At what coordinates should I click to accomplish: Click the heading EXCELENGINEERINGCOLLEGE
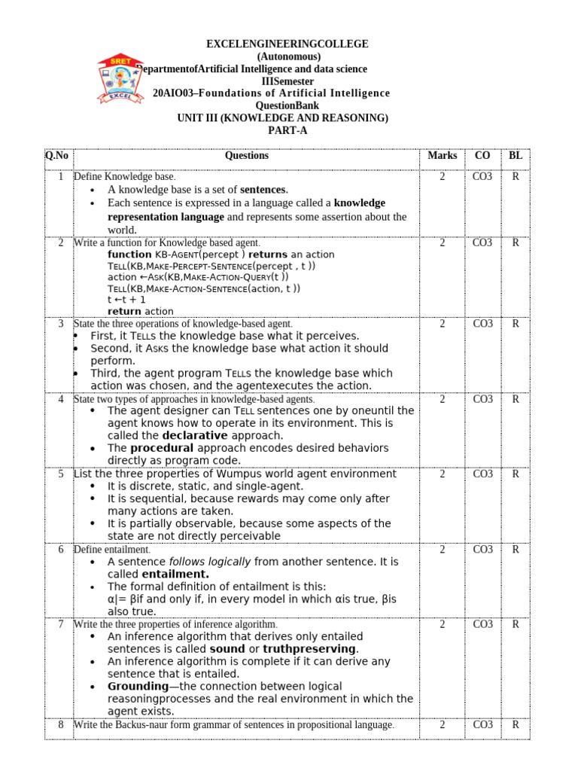(x=288, y=44)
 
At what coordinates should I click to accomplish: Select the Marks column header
(x=442, y=156)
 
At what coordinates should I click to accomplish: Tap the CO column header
(x=482, y=156)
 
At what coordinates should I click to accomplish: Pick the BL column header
(x=516, y=156)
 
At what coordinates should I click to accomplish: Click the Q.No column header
(x=56, y=156)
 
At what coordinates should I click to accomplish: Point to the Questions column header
(x=246, y=156)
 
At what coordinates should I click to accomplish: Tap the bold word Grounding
(x=138, y=687)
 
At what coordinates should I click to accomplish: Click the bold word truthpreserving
(x=309, y=649)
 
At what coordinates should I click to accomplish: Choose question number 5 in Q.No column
(x=60, y=474)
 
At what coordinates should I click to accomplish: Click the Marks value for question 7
(x=442, y=624)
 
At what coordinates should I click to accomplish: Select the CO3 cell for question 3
(x=482, y=324)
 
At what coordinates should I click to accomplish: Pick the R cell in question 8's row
(x=516, y=725)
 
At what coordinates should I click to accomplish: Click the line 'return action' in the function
(x=140, y=311)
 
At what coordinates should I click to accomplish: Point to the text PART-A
(x=288, y=130)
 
